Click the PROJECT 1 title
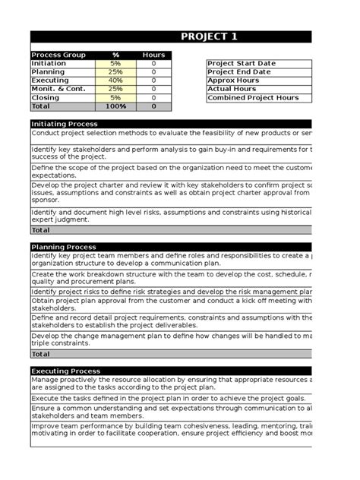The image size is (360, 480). coord(209,37)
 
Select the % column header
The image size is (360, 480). coord(115,55)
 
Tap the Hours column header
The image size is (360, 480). coord(153,55)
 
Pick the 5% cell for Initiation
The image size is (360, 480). coord(115,63)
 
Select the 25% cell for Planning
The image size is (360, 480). coord(115,71)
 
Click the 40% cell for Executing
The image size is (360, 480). coord(115,81)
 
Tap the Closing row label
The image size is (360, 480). coord(46,98)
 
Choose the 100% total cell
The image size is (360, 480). coord(115,107)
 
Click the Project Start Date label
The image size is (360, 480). coord(242,63)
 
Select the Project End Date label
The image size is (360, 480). coord(238,71)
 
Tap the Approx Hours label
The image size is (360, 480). coord(233,81)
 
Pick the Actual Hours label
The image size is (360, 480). coord(232,89)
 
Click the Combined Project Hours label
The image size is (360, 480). coord(253,98)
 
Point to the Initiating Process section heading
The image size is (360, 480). coord(64,124)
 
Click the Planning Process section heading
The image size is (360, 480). coord(63,247)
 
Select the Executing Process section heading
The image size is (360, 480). coord(65,371)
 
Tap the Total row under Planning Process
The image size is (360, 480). coord(41,354)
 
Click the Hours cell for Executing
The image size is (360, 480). coord(153,81)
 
